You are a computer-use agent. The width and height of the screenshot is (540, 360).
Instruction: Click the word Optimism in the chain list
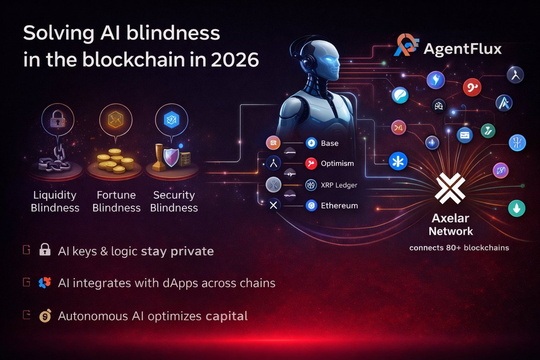pos(337,163)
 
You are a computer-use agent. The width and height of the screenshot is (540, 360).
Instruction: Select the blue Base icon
pos(311,144)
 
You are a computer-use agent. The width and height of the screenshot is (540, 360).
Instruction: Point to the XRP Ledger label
pos(338,184)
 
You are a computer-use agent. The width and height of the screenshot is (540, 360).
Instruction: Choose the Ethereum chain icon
pos(311,206)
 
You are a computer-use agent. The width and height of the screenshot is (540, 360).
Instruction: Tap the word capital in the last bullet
pos(226,316)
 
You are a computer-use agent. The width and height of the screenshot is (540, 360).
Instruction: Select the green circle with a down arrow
pos(517,208)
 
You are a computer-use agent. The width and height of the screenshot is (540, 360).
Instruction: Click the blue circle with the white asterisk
pos(398,161)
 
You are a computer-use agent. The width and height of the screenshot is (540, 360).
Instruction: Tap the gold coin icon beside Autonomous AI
pos(45,315)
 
